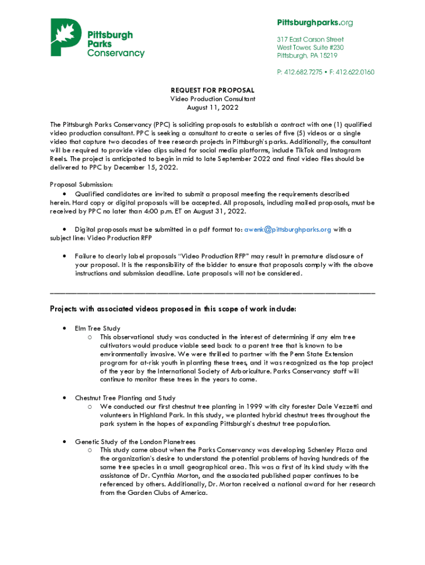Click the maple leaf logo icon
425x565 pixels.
point(65,37)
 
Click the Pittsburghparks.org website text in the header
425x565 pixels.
point(315,23)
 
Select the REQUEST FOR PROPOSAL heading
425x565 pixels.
point(212,90)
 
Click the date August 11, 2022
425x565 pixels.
point(212,108)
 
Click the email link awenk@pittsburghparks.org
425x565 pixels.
point(288,229)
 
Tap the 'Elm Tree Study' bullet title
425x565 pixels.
point(98,328)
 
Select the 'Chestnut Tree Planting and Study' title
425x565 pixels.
point(125,397)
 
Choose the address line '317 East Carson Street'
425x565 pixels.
point(310,40)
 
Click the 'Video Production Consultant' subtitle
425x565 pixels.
point(212,99)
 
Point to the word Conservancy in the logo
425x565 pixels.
point(116,54)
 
